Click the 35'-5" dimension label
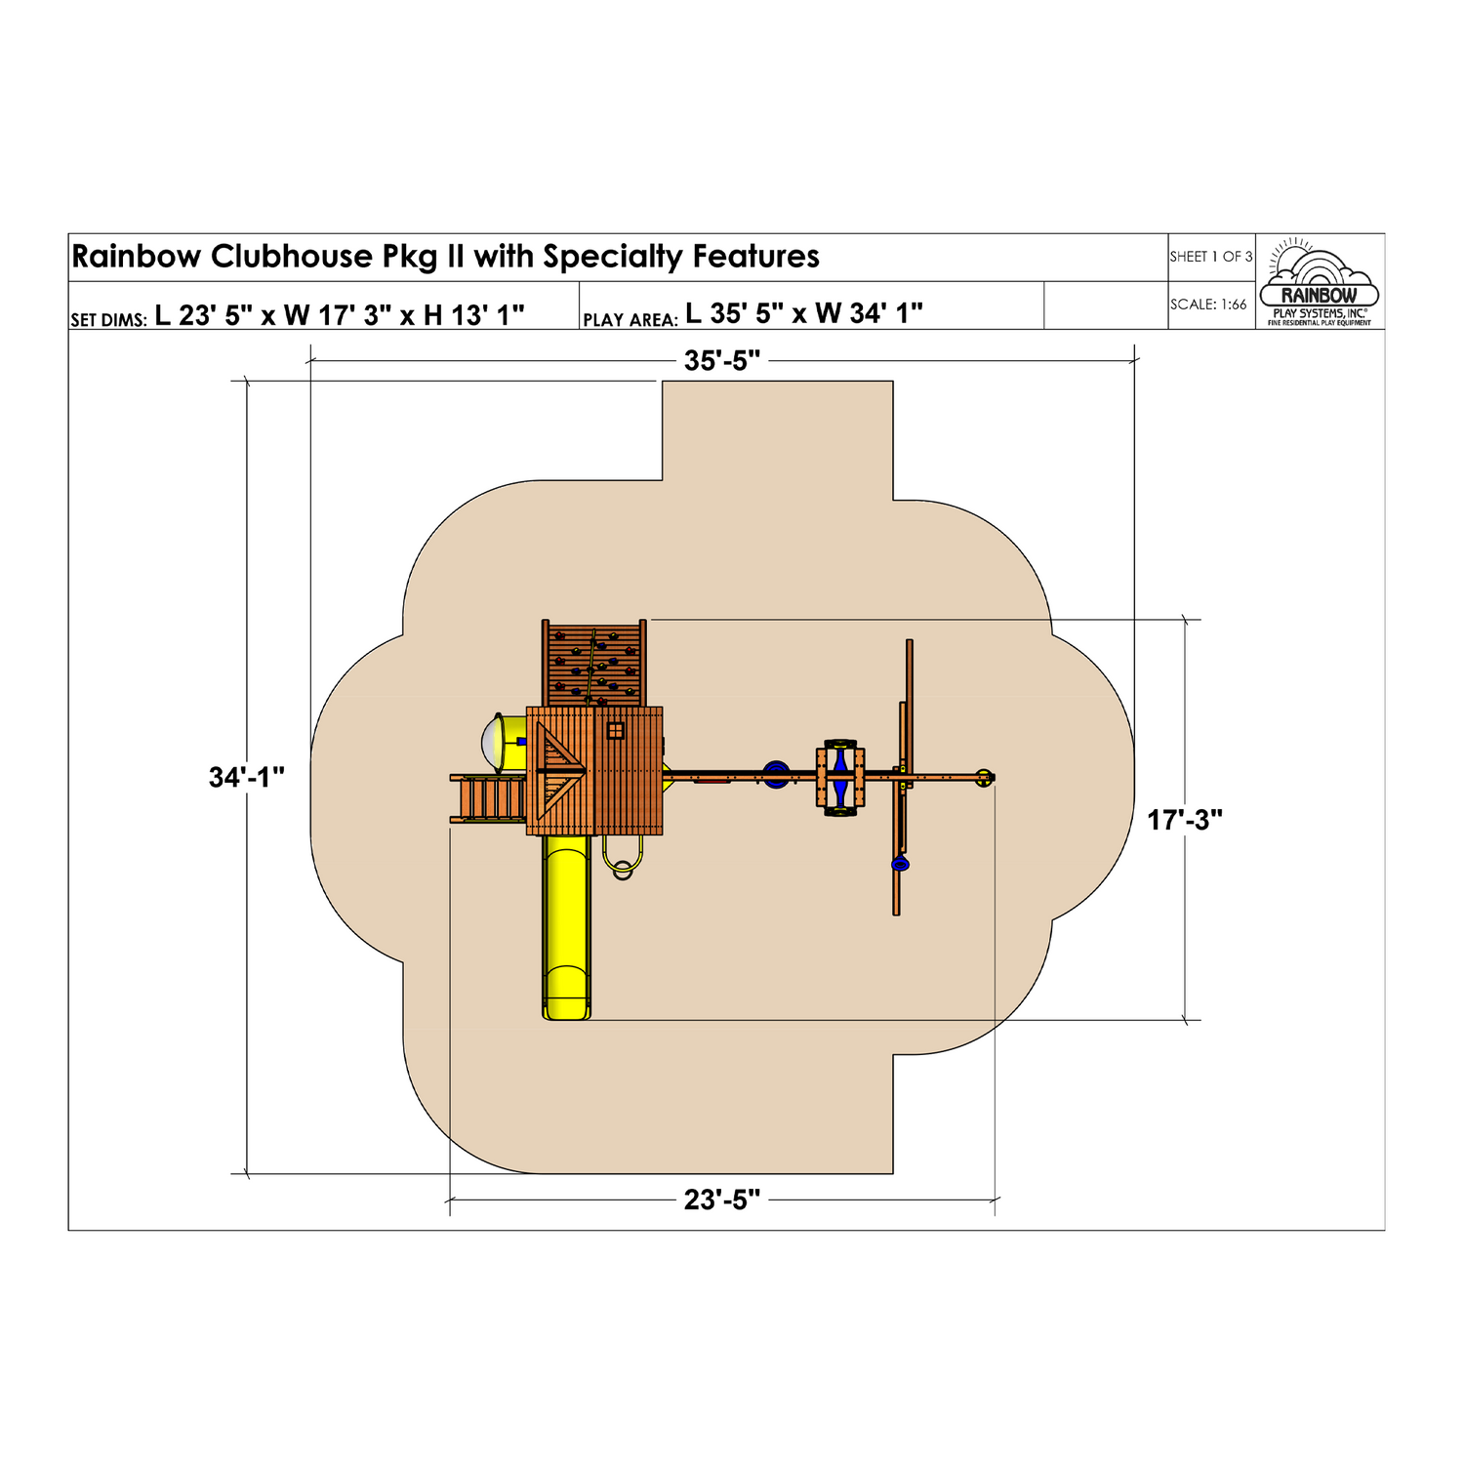(722, 361)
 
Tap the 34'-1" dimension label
(247, 778)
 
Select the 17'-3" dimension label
(1185, 821)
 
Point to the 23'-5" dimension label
(722, 1200)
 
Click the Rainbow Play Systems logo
(1320, 282)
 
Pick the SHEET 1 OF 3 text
(1211, 257)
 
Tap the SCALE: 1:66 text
(1208, 305)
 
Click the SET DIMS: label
(108, 320)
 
